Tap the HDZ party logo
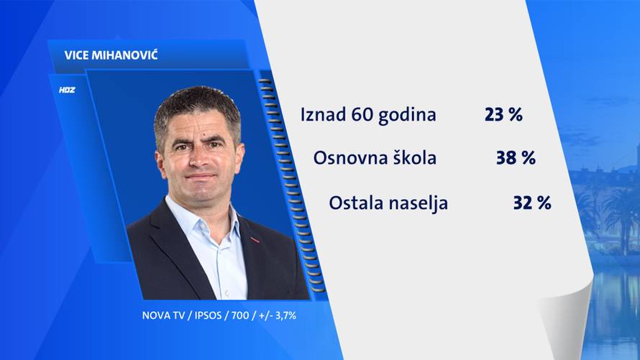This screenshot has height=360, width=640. [67, 91]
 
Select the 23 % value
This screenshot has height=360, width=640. [503, 114]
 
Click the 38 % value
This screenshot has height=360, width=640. [516, 158]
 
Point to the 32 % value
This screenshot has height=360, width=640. [532, 203]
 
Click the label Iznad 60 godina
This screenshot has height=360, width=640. [368, 114]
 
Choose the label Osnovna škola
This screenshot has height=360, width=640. [375, 158]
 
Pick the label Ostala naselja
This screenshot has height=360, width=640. [388, 203]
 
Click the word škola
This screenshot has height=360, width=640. [411, 158]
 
